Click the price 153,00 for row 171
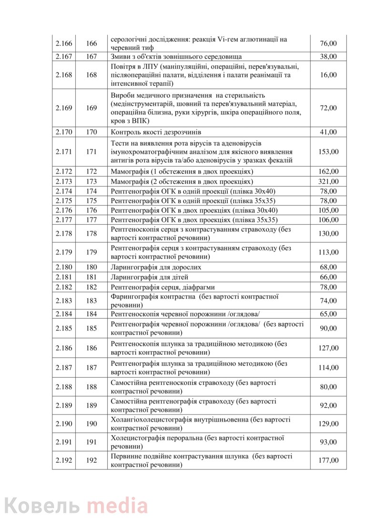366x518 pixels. point(328,152)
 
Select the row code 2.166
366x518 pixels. point(64,43)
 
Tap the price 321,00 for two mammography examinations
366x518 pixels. point(328,181)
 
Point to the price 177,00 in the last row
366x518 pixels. point(328,460)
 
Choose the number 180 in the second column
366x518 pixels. point(91,267)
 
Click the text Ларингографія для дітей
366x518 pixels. point(150,277)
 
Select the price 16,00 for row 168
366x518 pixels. point(328,75)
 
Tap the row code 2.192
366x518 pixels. point(64,460)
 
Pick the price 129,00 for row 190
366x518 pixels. point(328,424)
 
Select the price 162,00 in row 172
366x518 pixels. point(328,171)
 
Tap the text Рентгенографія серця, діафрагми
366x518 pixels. point(163,287)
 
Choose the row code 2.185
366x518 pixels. point(64,328)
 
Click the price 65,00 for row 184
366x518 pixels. point(328,314)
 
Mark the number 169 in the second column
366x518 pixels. point(91,108)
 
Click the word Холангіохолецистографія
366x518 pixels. point(152,419)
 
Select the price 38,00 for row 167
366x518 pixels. point(328,56)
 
